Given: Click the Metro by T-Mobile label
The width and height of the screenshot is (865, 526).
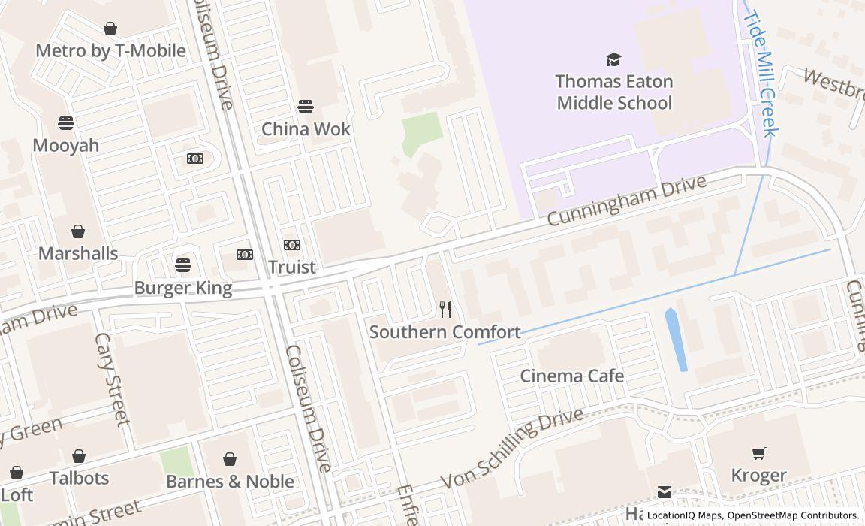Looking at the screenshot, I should (x=110, y=51).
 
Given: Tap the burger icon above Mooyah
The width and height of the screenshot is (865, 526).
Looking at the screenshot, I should (x=66, y=122).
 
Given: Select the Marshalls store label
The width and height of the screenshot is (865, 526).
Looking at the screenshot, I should (x=78, y=253).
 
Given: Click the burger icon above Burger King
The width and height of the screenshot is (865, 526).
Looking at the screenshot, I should (x=182, y=265).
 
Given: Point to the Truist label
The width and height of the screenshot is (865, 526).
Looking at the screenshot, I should (x=292, y=267).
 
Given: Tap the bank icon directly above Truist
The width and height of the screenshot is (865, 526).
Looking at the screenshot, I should (x=292, y=245).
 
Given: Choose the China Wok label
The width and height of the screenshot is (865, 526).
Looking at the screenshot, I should (x=306, y=128).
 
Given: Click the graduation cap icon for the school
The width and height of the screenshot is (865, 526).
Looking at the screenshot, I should (x=614, y=59).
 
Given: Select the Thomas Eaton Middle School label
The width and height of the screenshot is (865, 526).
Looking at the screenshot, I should (x=614, y=92).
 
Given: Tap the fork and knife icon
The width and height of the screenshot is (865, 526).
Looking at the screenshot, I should (x=445, y=309).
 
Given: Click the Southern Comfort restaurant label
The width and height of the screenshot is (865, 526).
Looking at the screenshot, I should (x=445, y=331).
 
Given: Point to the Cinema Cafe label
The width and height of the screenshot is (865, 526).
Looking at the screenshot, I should (x=572, y=376).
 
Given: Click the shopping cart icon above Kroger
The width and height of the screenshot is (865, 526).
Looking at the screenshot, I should (x=759, y=453).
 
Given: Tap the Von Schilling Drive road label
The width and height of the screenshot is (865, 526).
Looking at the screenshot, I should (x=512, y=449).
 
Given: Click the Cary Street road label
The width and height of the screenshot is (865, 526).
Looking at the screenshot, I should (x=113, y=379).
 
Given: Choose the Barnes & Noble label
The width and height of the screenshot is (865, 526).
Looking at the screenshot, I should (x=230, y=481).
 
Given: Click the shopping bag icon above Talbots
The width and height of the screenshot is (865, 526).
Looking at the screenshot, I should (x=79, y=456).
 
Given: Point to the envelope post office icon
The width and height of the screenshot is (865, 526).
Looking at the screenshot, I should (x=665, y=492).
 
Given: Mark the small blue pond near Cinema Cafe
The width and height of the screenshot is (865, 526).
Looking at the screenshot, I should (x=676, y=340).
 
